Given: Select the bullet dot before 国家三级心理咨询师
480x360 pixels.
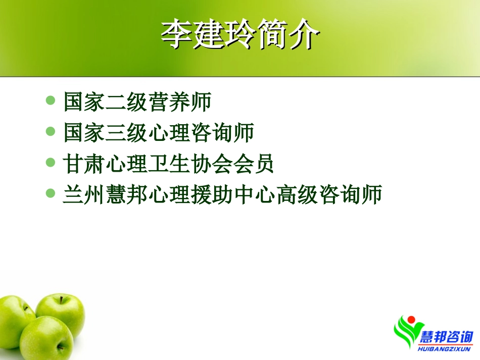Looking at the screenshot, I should [x=50, y=131].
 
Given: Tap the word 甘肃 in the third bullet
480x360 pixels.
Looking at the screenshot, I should [x=84, y=164].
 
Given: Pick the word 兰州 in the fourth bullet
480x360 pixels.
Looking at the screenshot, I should [x=84, y=194].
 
